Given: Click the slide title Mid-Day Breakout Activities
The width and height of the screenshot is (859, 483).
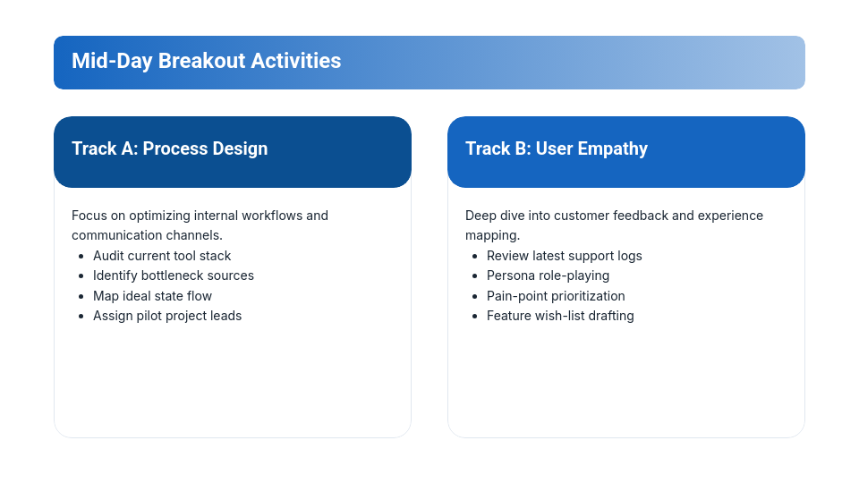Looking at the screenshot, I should click(206, 61).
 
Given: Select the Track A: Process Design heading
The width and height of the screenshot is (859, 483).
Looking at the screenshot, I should click(169, 148).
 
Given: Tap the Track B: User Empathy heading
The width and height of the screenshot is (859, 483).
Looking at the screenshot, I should click(556, 148).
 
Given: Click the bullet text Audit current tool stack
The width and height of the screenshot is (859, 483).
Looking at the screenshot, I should click(162, 256).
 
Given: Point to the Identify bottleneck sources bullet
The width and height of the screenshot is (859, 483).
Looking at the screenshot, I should click(174, 275).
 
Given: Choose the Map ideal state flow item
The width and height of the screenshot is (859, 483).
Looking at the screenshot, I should click(152, 296).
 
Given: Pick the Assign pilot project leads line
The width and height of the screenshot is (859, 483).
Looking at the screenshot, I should click(167, 316).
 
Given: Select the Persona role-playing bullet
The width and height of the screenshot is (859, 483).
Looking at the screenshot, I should click(548, 275).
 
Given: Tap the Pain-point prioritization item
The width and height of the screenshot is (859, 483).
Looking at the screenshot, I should click(556, 296).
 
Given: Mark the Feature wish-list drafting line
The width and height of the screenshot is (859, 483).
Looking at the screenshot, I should click(560, 316).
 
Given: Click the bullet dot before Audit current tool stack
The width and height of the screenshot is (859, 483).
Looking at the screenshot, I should click(81, 256).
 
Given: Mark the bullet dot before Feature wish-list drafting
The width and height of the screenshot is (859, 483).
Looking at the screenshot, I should click(474, 316).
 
